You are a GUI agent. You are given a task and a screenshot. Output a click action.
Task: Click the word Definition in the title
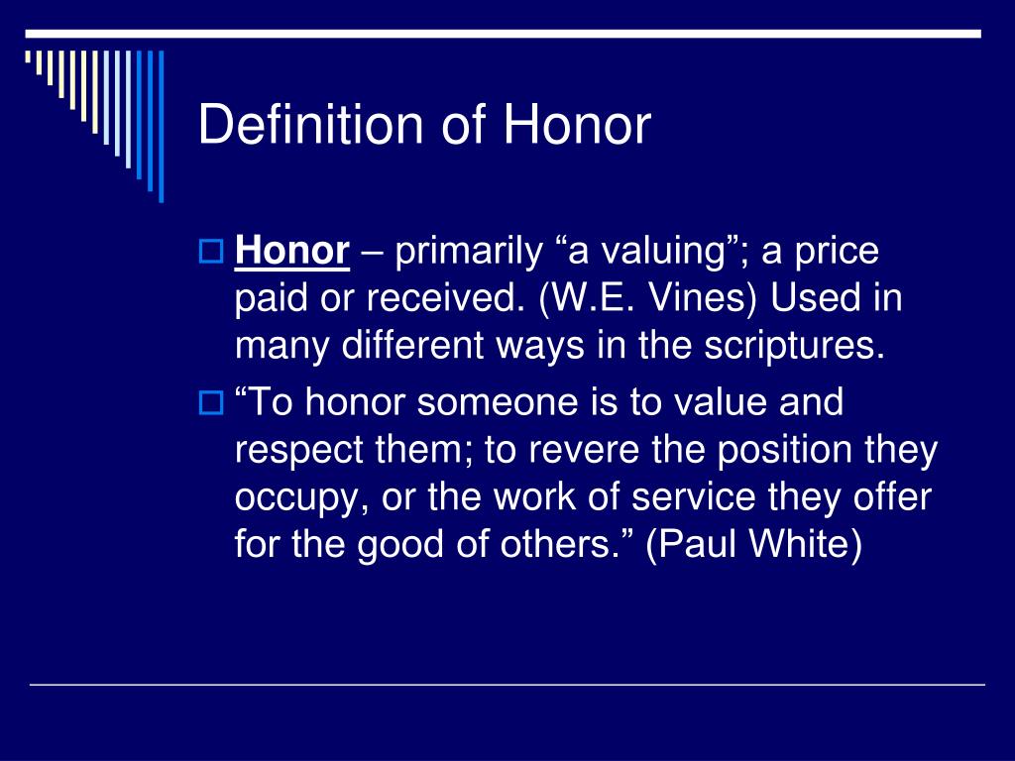(310, 124)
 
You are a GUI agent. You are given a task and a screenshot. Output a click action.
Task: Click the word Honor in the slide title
(577, 124)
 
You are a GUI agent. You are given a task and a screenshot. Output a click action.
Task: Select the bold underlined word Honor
(292, 251)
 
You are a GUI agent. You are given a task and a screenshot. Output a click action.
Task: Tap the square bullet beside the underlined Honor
(210, 251)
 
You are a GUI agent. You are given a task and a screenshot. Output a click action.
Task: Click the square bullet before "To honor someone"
(210, 402)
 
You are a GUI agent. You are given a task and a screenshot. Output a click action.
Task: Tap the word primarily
(469, 253)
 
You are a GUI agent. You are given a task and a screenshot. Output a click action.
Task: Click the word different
(412, 345)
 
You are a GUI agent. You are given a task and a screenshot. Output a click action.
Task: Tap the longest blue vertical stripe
(162, 126)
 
